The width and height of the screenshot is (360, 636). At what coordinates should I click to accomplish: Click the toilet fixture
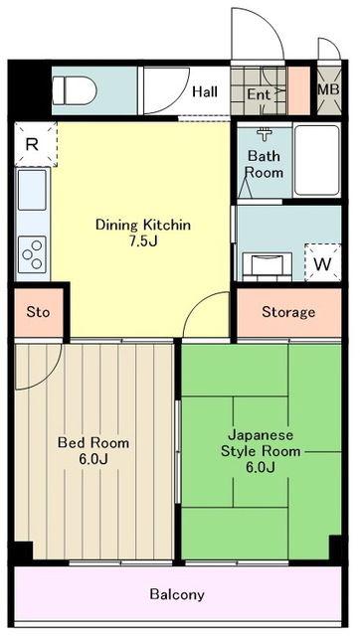click(x=75, y=90)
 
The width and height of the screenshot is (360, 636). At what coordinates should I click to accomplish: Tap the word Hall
click(x=205, y=91)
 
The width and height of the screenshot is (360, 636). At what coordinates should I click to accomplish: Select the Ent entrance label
click(x=259, y=94)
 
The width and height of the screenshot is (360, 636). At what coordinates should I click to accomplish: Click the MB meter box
click(x=329, y=89)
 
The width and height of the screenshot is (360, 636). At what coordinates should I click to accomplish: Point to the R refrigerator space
click(x=36, y=144)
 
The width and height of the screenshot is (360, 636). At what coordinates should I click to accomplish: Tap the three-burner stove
click(x=32, y=254)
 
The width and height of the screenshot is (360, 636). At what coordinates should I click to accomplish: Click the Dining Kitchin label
click(x=143, y=225)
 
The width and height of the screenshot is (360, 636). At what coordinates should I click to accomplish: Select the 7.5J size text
click(x=143, y=241)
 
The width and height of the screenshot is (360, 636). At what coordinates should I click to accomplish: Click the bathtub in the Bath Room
click(x=316, y=160)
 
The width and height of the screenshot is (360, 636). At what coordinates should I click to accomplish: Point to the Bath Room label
click(x=265, y=164)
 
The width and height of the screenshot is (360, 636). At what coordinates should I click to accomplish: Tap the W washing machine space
click(x=322, y=262)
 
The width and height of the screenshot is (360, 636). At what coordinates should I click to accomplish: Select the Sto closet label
click(x=38, y=312)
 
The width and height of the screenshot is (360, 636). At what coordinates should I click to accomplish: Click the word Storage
click(x=288, y=312)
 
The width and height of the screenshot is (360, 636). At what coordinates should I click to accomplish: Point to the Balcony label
click(x=177, y=595)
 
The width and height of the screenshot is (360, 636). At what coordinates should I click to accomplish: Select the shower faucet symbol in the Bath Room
click(x=265, y=134)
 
